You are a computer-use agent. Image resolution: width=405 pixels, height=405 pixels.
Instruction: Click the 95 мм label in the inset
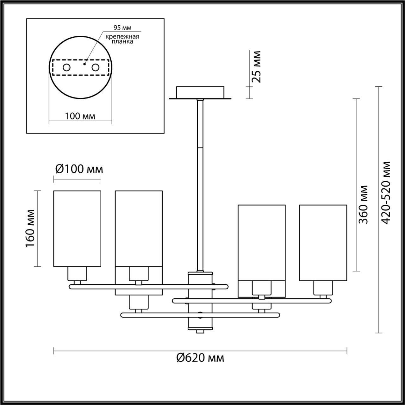122,28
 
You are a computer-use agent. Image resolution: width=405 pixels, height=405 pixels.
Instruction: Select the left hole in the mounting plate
67,67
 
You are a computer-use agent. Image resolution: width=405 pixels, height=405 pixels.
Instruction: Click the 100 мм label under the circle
80,116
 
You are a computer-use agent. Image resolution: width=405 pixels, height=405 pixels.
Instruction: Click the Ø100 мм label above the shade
79,170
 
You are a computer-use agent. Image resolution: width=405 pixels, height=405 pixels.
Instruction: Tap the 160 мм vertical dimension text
30,228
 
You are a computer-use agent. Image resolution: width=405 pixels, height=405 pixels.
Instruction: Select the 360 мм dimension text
364,204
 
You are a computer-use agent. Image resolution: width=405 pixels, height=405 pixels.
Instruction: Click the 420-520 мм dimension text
387,193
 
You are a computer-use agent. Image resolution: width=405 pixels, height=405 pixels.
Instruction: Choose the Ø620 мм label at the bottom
200,358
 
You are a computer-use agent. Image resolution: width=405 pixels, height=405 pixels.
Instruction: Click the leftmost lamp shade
77,228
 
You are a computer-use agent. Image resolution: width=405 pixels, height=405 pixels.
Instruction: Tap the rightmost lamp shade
323,243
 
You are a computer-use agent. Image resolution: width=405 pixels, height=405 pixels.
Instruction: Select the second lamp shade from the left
139,228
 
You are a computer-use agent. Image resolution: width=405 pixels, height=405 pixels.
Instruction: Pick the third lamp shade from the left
261,243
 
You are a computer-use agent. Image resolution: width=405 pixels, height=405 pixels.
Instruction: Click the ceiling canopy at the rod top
200,92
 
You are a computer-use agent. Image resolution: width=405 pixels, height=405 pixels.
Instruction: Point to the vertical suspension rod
200,184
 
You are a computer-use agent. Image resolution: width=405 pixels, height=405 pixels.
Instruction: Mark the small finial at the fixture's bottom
200,331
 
